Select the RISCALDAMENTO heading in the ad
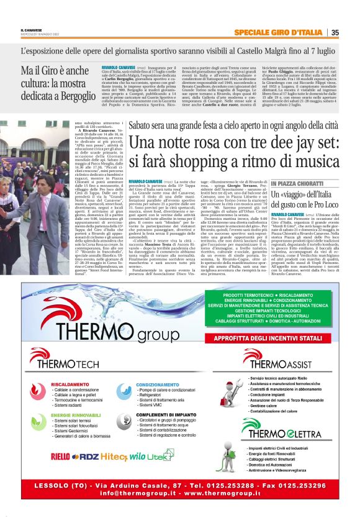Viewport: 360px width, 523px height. point(69,384)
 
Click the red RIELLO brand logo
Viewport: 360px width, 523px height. point(60,457)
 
